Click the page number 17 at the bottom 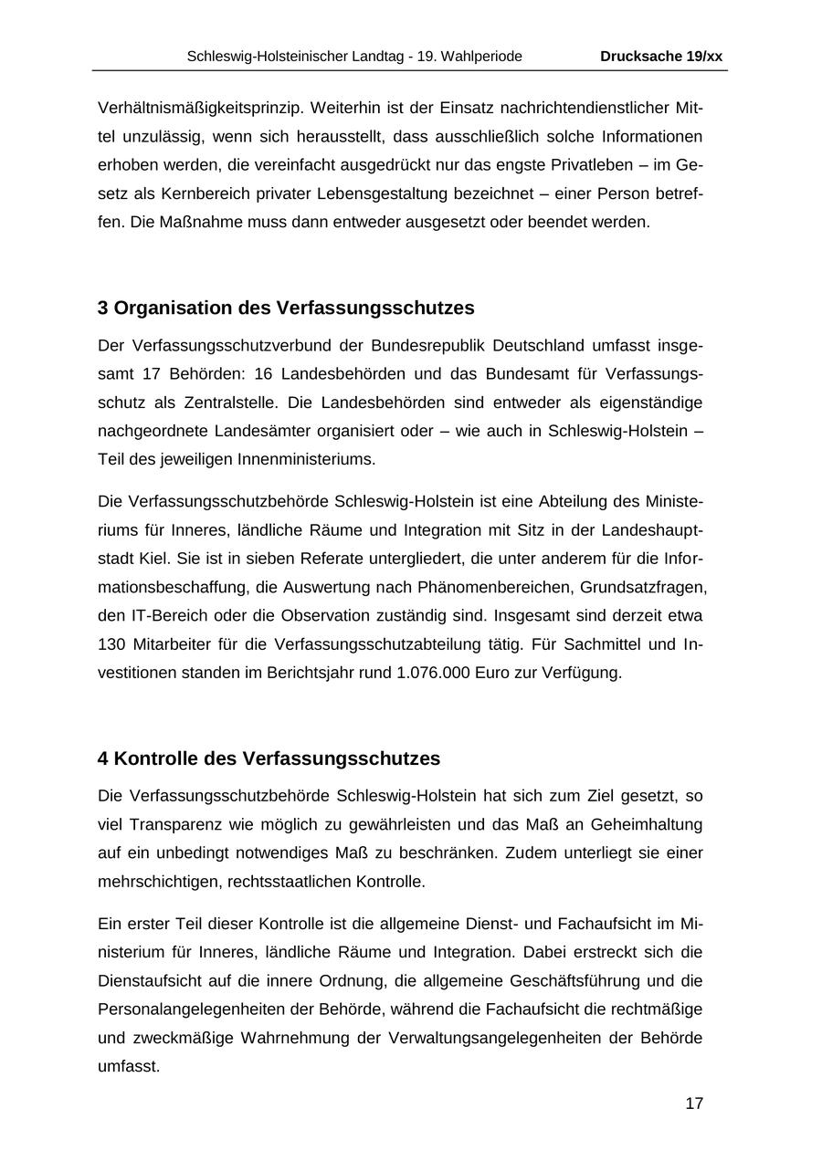(x=694, y=1103)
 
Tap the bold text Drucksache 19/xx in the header (x=661, y=57)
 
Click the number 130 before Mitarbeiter (x=111, y=644)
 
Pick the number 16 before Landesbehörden (x=264, y=373)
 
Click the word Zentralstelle (x=203, y=403)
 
